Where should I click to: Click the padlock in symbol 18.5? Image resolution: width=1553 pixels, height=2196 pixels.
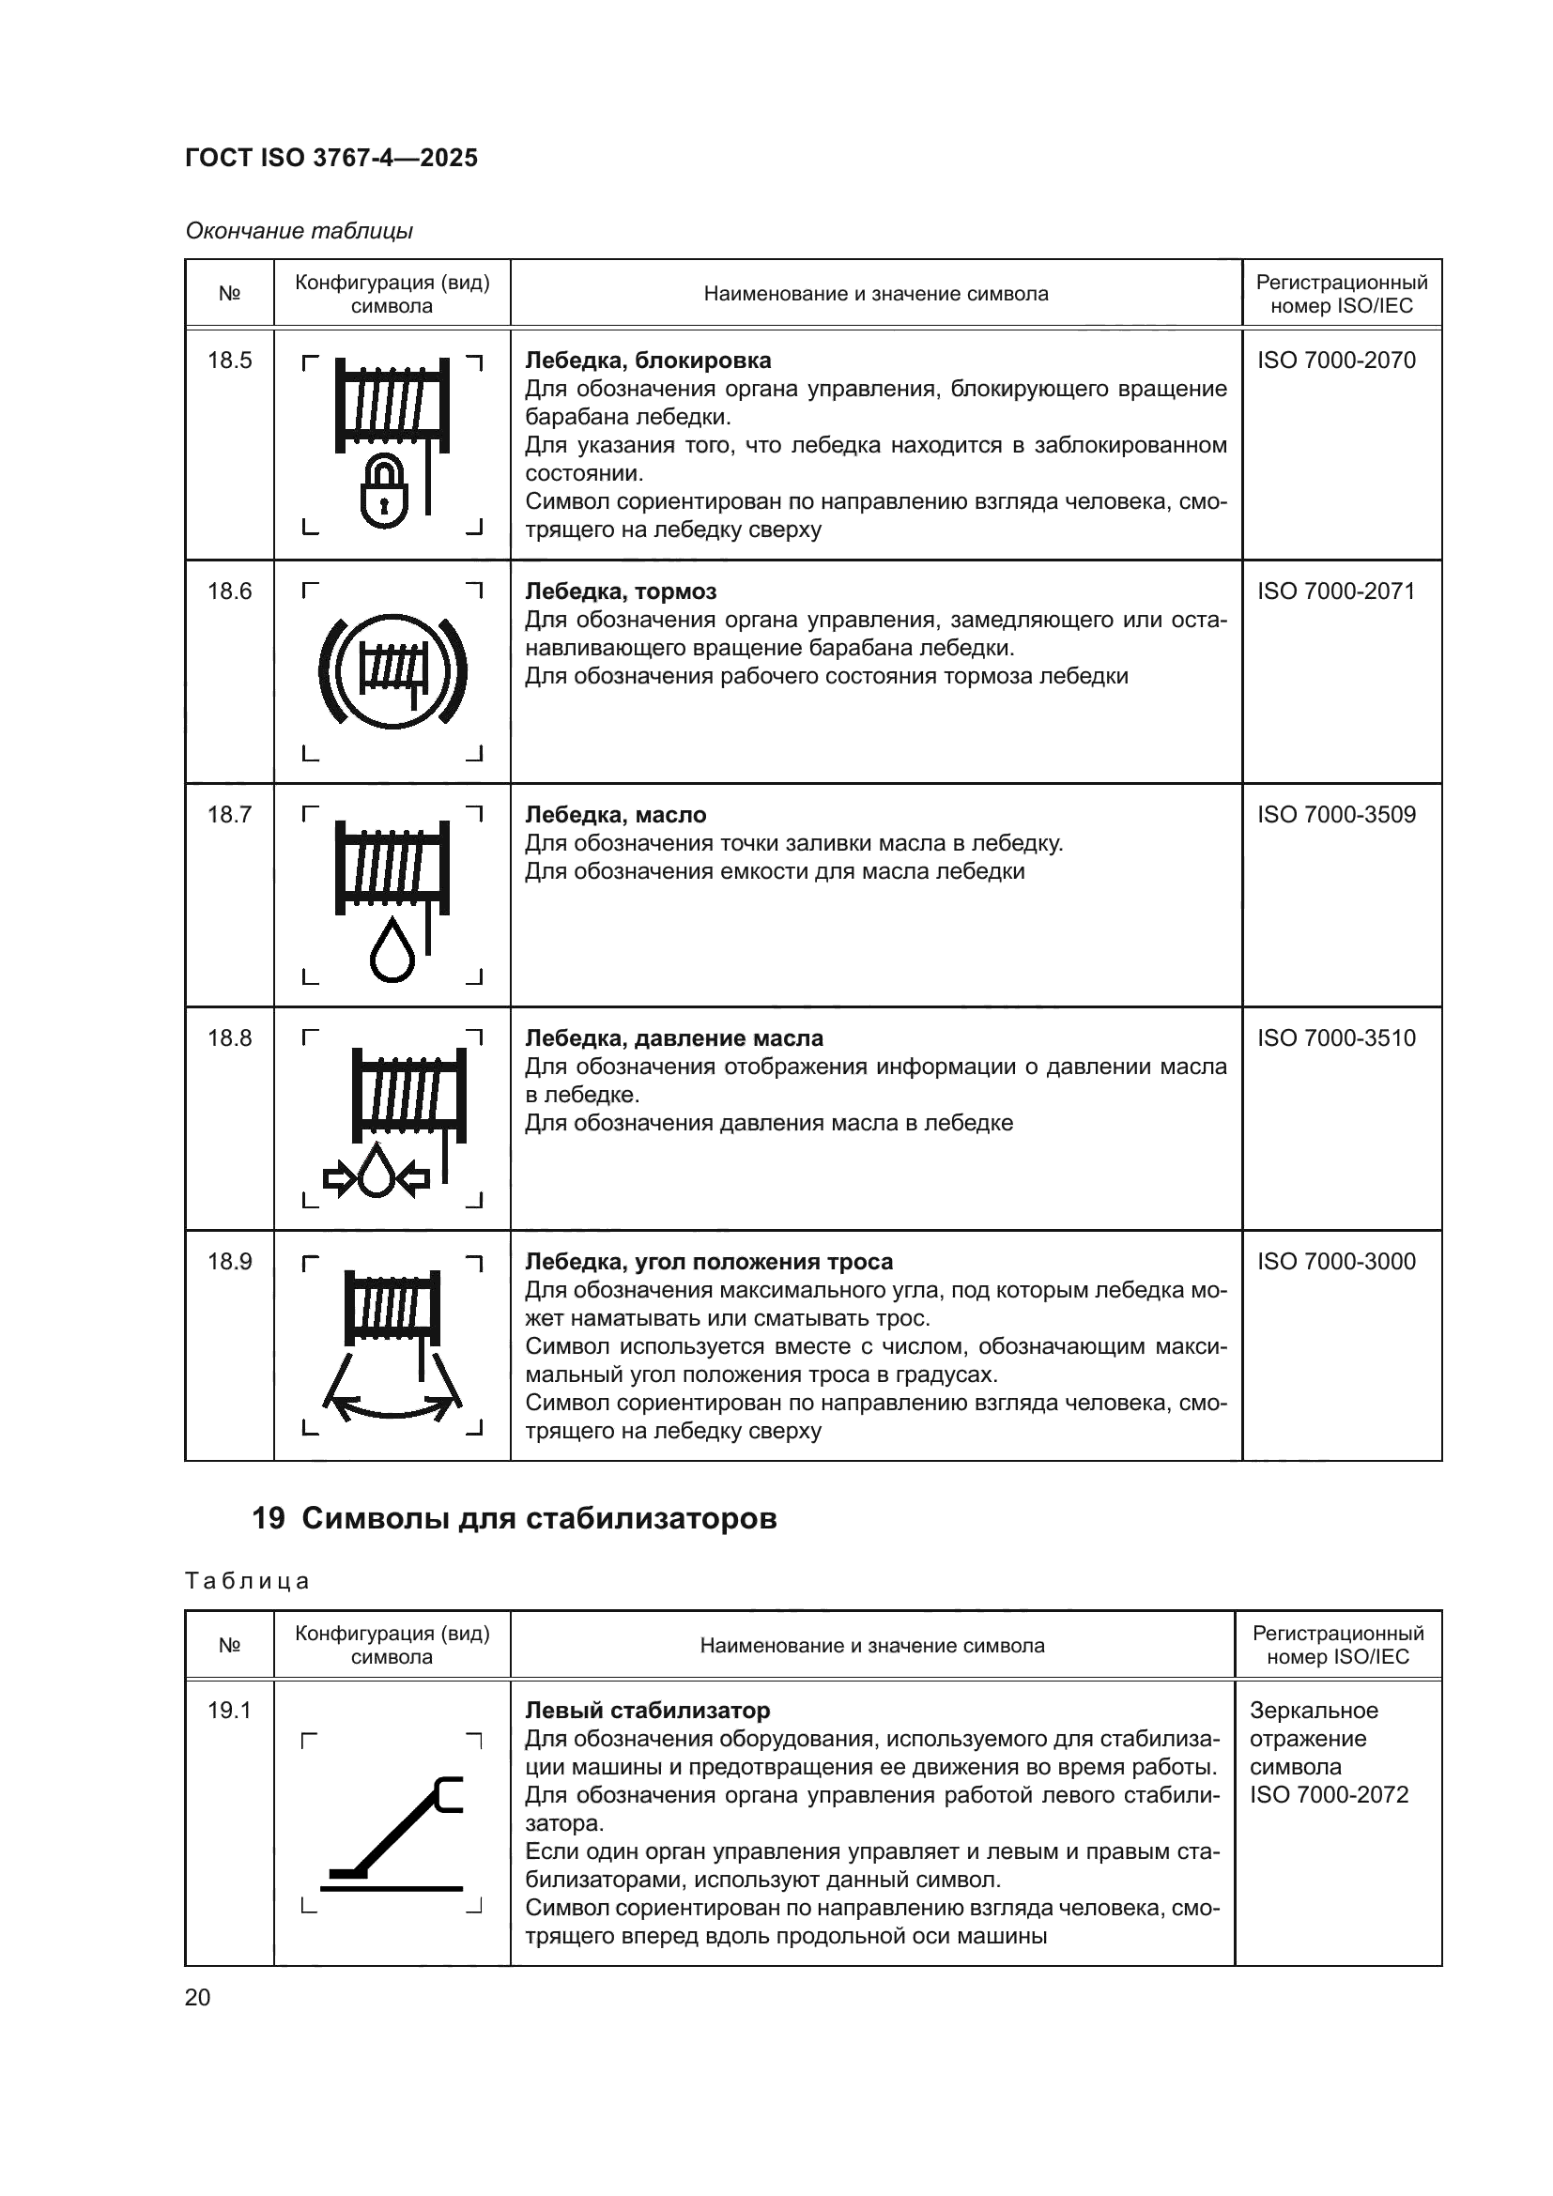(x=384, y=493)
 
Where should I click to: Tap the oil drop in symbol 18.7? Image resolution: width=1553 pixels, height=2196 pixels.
(x=392, y=951)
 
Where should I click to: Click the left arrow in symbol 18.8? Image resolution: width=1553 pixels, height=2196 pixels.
(x=339, y=1177)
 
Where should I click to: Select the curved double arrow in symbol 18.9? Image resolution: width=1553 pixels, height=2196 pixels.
(x=392, y=1406)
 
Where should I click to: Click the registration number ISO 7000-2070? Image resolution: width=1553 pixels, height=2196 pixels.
(x=1336, y=361)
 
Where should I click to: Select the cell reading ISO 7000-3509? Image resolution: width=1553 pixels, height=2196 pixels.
(x=1336, y=815)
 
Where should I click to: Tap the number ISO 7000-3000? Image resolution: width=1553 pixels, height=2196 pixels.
(x=1336, y=1262)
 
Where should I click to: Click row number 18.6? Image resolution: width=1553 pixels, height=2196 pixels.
(x=229, y=591)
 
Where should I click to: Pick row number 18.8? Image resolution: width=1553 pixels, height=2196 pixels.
(x=229, y=1037)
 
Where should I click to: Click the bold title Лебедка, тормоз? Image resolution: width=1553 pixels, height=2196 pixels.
(x=621, y=591)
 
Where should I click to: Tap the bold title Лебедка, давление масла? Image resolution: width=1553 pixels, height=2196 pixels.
(x=673, y=1037)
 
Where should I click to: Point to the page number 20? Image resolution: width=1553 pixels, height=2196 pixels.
(x=197, y=1998)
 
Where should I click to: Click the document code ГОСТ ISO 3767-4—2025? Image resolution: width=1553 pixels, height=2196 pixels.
(x=331, y=158)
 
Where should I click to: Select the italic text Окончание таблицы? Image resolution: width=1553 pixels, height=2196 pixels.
(x=300, y=231)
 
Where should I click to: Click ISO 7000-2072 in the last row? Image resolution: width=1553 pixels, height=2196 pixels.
(x=1329, y=1794)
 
